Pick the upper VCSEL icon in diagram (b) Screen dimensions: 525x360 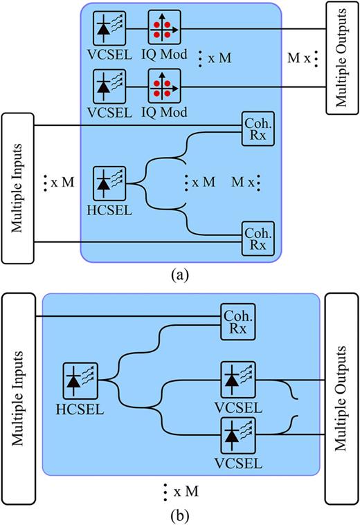(237, 378)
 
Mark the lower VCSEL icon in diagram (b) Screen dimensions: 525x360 (237, 435)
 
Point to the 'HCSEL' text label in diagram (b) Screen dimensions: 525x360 (80, 409)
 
